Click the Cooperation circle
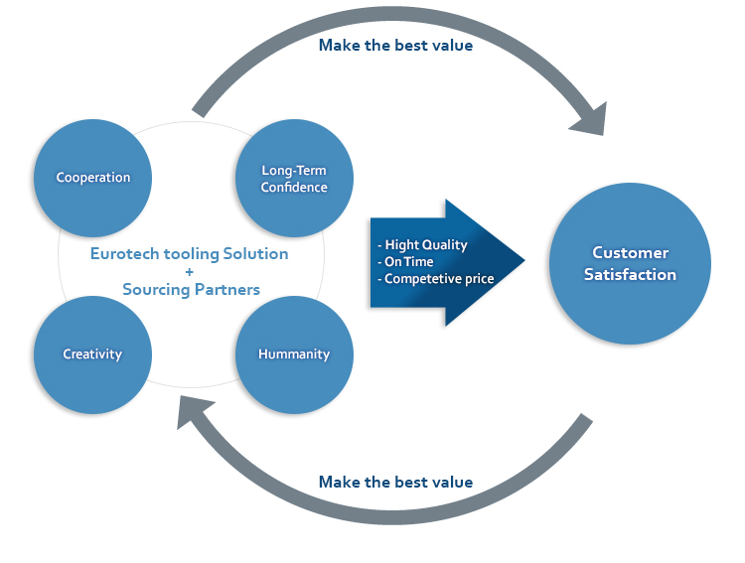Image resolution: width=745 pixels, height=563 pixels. click(x=92, y=178)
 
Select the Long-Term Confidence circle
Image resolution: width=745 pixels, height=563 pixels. click(x=294, y=178)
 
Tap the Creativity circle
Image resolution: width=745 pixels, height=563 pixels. click(x=92, y=354)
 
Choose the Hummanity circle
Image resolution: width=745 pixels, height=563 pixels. click(x=294, y=354)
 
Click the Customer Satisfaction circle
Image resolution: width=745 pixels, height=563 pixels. click(x=630, y=263)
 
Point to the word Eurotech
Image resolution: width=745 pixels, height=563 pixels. click(x=125, y=254)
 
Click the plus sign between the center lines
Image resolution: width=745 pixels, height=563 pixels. click(x=190, y=272)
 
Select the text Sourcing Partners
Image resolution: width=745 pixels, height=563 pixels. click(x=191, y=289)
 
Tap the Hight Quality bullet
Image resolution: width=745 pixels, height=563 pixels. click(x=422, y=244)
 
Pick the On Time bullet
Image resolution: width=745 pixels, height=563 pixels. click(x=405, y=262)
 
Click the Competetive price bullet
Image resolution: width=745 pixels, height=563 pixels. click(x=436, y=279)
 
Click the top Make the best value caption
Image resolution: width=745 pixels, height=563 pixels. click(x=395, y=45)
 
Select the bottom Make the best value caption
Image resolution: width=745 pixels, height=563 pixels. click(x=395, y=482)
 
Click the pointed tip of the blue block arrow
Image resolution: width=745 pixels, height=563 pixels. click(x=525, y=260)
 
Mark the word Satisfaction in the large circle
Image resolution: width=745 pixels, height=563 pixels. click(x=630, y=275)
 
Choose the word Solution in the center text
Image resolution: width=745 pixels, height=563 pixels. click(x=255, y=254)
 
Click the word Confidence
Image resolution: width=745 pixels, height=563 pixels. click(x=294, y=188)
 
